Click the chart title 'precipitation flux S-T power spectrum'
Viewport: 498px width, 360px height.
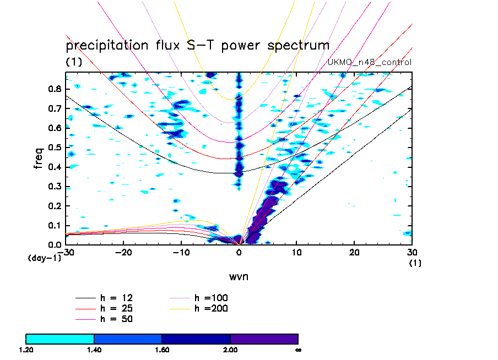(x=197, y=45)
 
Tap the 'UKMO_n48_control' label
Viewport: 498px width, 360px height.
(x=370, y=62)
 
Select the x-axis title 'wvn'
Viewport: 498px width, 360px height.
(x=239, y=276)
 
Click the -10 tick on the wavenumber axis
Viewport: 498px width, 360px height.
(x=181, y=253)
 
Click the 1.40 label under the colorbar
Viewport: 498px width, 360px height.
(x=94, y=349)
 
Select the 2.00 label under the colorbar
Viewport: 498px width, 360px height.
(x=230, y=349)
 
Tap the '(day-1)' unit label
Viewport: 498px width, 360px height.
(x=45, y=258)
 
